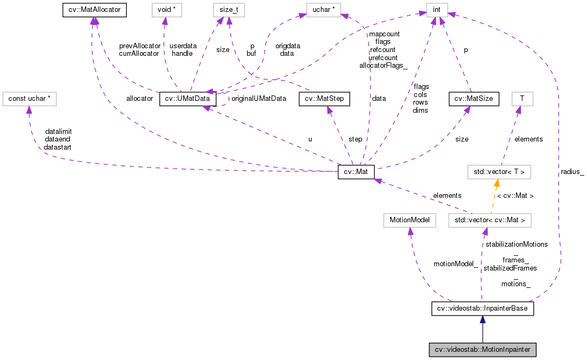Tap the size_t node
click(229, 9)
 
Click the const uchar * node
click(29, 99)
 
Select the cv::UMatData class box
click(188, 99)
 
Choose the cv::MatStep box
click(324, 99)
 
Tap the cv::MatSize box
click(470, 99)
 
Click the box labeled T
click(522, 99)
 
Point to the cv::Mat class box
click(356, 172)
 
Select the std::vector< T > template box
click(499, 172)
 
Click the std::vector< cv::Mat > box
click(490, 221)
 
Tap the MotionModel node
click(409, 221)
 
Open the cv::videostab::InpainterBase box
click(482, 308)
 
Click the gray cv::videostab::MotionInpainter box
click(482, 350)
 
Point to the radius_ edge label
click(572, 172)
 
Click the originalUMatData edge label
click(259, 99)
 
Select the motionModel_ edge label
click(456, 264)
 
